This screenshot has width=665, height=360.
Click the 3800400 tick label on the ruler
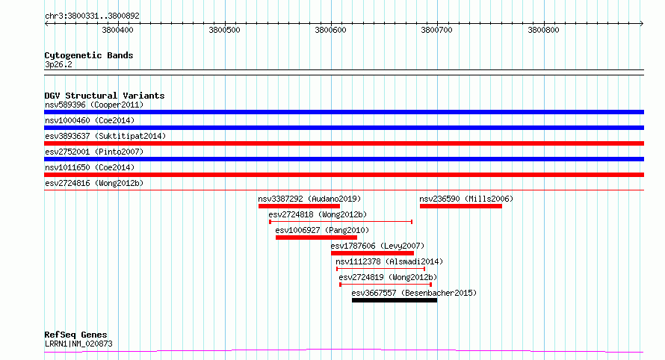tap(117, 30)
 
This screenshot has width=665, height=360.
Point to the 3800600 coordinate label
tap(330, 30)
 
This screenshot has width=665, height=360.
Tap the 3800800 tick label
tap(543, 30)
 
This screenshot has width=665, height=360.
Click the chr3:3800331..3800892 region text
tap(92, 16)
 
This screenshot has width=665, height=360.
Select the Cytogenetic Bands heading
tap(89, 55)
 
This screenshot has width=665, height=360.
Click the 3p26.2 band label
tap(58, 64)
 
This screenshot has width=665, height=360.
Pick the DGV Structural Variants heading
tap(105, 96)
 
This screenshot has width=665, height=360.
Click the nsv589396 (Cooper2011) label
tap(94, 105)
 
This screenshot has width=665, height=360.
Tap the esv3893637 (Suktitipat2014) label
tap(105, 136)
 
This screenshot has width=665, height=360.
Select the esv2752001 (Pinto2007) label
tap(94, 152)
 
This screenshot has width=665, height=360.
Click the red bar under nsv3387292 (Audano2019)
tap(299, 206)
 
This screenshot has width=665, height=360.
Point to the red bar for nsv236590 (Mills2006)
tap(461, 206)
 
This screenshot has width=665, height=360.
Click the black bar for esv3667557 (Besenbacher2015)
tap(395, 300)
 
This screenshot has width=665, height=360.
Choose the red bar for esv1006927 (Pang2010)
tap(316, 238)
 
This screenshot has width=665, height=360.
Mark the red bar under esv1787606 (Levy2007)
tap(372, 253)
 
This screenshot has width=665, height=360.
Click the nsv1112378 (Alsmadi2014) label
tap(389, 261)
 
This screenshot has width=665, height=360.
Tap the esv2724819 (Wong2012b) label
tap(388, 277)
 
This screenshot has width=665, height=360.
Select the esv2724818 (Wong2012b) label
tap(318, 214)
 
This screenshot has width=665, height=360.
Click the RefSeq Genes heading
tap(75, 335)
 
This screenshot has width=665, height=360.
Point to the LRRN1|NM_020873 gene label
tap(78, 344)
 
